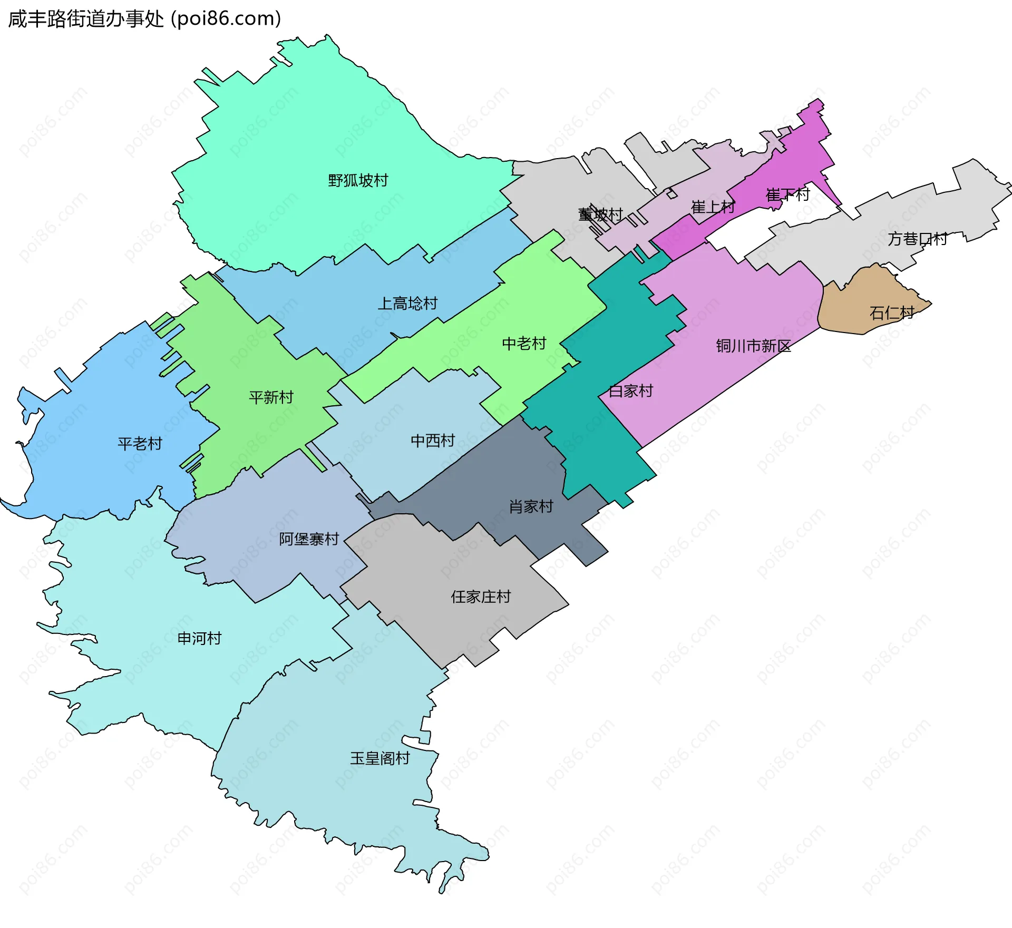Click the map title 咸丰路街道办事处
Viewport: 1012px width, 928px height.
click(86, 19)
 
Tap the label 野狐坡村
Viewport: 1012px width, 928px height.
click(358, 181)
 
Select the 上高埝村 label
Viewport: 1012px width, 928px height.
click(407, 304)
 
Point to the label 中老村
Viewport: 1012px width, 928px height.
click(524, 344)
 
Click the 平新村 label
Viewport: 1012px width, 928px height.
click(271, 397)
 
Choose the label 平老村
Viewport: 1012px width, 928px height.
click(140, 444)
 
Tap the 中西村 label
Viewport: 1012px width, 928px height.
click(433, 441)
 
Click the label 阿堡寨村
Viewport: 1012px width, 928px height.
click(309, 539)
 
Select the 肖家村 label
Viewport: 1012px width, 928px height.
click(531, 506)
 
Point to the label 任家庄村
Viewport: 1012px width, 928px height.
click(481, 597)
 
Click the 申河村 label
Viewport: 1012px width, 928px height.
click(199, 639)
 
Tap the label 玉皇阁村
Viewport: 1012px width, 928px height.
click(380, 758)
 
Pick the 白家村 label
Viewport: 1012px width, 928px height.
click(630, 391)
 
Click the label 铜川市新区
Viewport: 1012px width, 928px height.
click(753, 346)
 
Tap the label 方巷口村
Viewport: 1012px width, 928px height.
click(917, 239)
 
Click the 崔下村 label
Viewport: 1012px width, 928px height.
click(787, 195)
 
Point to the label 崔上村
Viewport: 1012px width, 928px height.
click(713, 207)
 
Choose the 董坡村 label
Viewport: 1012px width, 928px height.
click(600, 215)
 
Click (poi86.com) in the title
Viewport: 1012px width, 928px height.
click(226, 19)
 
